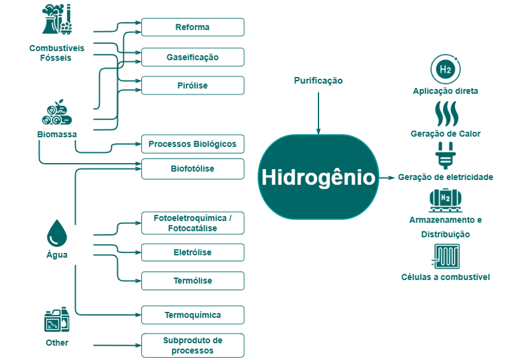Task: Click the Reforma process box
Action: coord(193,27)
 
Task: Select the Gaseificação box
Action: coord(193,57)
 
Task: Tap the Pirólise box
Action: coord(193,86)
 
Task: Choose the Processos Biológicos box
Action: coord(193,144)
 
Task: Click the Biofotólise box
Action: coord(193,169)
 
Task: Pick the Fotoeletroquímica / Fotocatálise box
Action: coord(193,223)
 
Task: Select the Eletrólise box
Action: coord(193,252)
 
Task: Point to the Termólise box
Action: coord(193,281)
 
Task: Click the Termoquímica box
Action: coord(193,315)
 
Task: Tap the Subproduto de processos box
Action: coord(193,346)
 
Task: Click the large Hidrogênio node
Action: coord(318,177)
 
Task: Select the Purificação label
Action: coord(318,81)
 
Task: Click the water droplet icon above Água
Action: coord(57,233)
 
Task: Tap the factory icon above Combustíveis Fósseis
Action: coord(57,20)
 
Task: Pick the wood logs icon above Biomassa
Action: coord(57,113)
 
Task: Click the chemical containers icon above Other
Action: coord(57,320)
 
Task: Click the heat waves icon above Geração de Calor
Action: coord(445,114)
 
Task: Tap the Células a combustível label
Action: coord(445,277)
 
